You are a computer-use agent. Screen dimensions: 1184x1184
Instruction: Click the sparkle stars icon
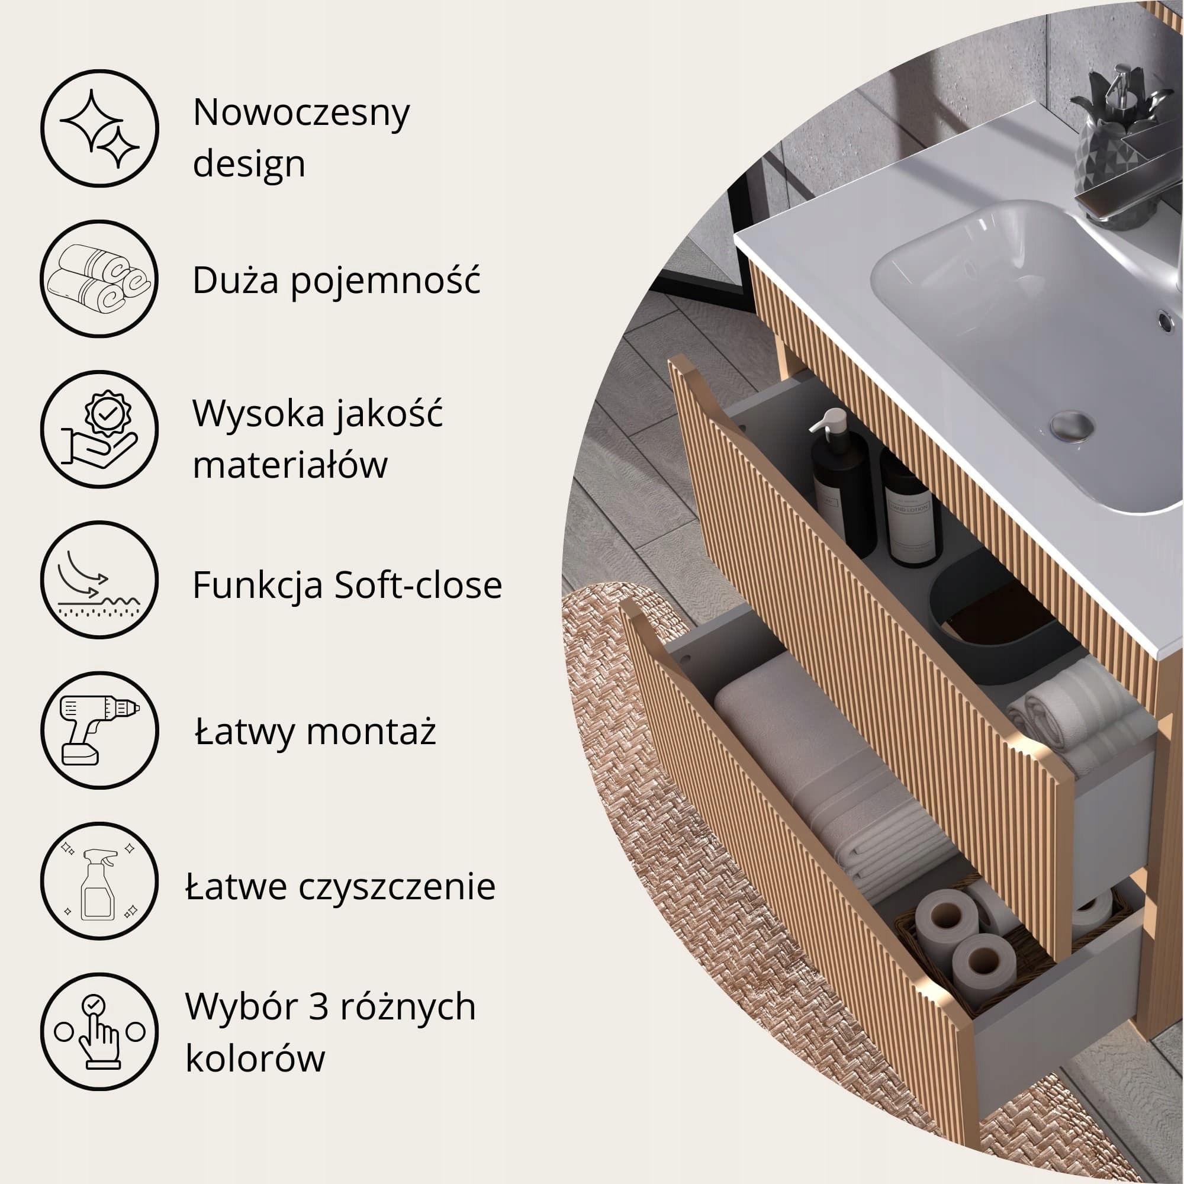click(100, 128)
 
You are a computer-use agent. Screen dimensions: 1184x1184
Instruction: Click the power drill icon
click(99, 730)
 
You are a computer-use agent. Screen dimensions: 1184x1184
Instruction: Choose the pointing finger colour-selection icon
click(100, 1032)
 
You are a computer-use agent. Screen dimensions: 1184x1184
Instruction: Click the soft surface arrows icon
click(99, 580)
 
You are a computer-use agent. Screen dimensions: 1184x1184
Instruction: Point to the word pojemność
click(385, 281)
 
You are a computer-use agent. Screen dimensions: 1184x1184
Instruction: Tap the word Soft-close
click(419, 584)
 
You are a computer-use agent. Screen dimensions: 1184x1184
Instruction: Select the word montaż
click(371, 732)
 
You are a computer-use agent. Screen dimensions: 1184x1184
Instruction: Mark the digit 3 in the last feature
click(318, 1007)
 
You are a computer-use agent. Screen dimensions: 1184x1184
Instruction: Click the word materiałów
click(290, 464)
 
